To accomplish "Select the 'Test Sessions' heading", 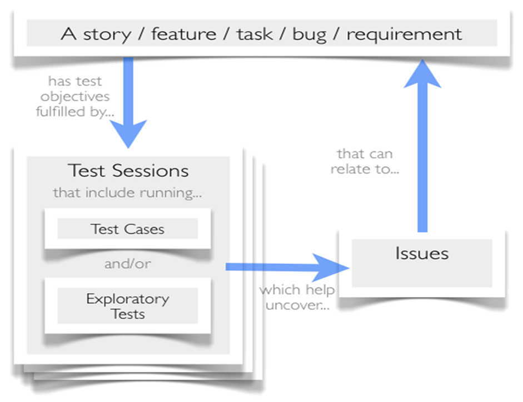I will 128,170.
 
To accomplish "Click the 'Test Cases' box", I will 128,229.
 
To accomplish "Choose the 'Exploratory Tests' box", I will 128,306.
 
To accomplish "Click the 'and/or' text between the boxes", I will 128,264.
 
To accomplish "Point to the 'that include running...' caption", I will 128,193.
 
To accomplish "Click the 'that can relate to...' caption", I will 365,161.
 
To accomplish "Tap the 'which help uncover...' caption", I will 297,297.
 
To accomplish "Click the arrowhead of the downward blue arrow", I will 128,133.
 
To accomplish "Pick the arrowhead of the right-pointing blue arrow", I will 333,267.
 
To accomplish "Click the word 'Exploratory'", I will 128,299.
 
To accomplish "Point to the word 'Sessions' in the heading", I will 155,170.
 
